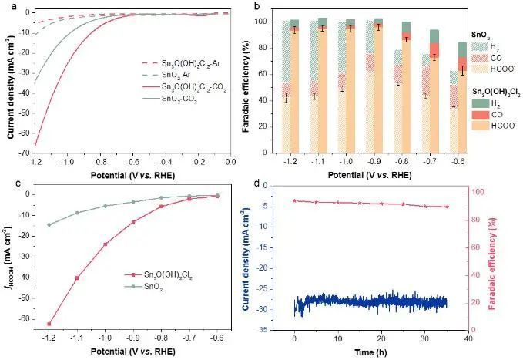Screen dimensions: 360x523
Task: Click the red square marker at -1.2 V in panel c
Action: (x=49, y=324)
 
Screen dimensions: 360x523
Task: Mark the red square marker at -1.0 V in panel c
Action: (x=105, y=244)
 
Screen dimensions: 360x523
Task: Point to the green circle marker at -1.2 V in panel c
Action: (x=49, y=224)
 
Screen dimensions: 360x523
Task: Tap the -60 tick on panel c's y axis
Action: (x=25, y=318)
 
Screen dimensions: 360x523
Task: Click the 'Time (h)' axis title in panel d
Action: (x=381, y=351)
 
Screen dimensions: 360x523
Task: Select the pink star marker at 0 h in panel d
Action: (x=294, y=200)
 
